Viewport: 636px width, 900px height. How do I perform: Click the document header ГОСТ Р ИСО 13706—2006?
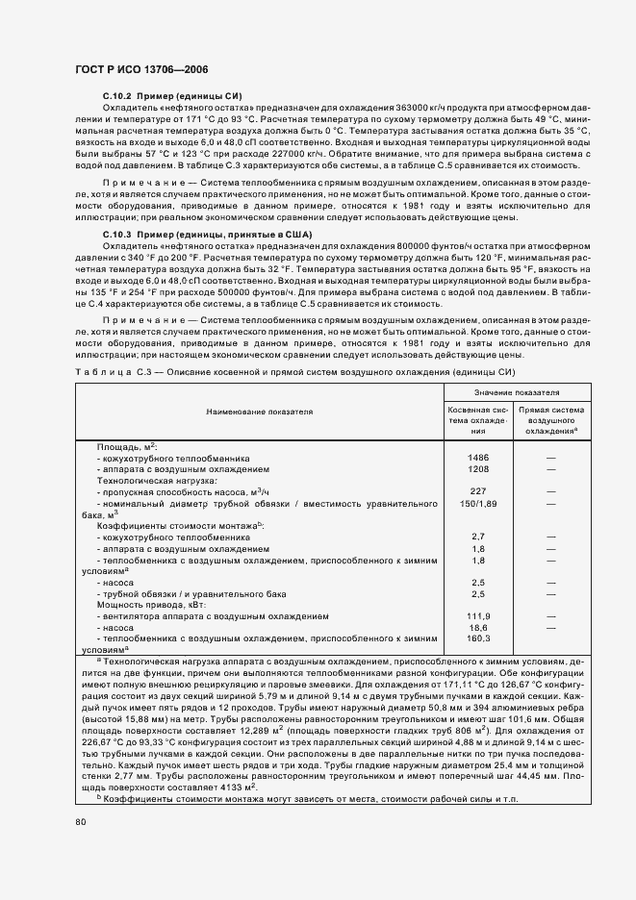coord(141,70)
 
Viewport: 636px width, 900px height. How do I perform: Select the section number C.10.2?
coord(118,96)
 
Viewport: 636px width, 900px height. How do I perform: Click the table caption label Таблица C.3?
coord(103,371)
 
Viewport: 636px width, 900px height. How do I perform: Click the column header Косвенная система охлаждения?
coord(478,420)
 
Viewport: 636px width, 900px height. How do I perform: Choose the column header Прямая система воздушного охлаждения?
coord(551,420)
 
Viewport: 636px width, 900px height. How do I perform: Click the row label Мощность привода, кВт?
coord(151,605)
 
